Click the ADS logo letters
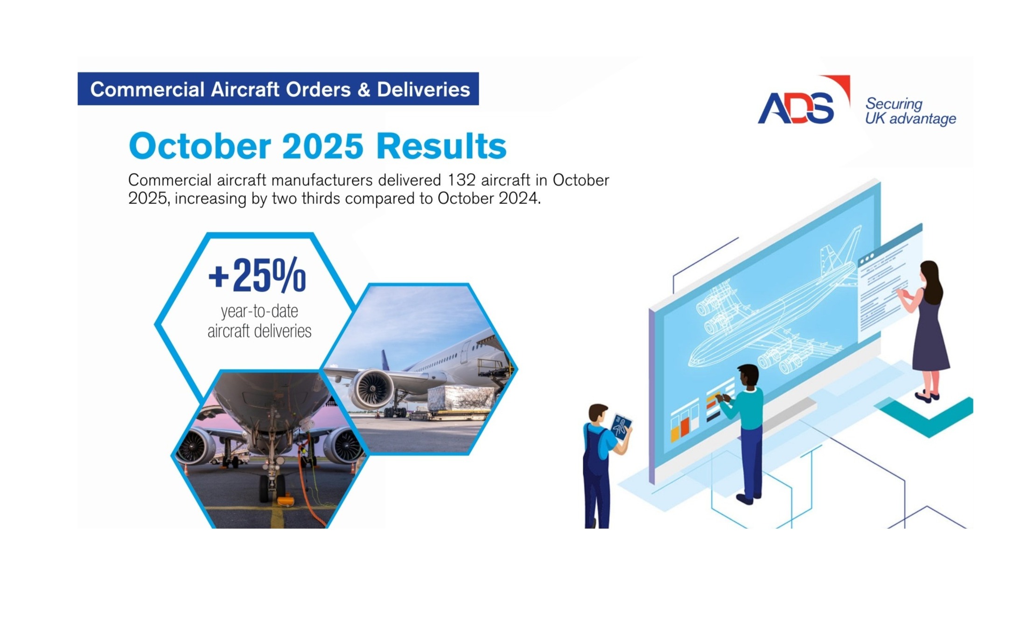(x=796, y=108)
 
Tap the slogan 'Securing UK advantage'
(x=910, y=111)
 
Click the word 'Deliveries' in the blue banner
(x=423, y=90)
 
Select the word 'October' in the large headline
(x=199, y=147)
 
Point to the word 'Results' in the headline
(x=441, y=147)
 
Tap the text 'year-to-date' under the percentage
(x=259, y=311)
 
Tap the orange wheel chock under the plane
(x=285, y=502)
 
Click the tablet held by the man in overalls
(x=621, y=426)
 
